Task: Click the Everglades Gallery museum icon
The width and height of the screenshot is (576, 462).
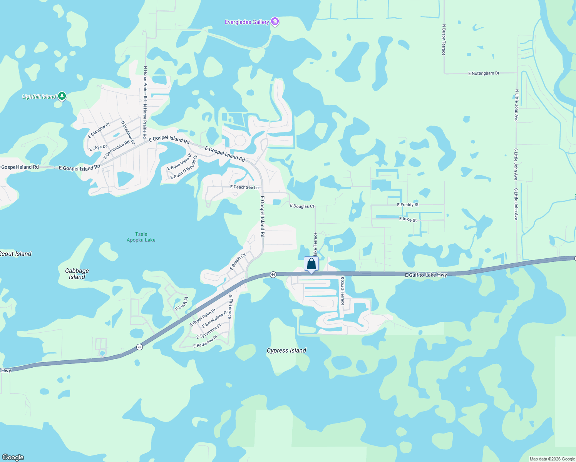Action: (x=275, y=22)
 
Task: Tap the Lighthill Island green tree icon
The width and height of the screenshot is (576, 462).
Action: (x=62, y=96)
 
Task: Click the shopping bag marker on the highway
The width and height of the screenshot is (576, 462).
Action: (x=311, y=264)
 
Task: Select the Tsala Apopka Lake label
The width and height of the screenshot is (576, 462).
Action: (x=141, y=237)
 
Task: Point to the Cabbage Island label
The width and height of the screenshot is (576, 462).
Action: (x=77, y=274)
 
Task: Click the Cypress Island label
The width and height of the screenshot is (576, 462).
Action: (x=286, y=350)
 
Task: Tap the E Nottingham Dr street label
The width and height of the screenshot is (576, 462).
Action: (x=484, y=73)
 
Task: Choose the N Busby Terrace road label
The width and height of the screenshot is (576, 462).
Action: (x=444, y=40)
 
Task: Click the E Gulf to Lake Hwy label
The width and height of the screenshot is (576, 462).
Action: (x=426, y=275)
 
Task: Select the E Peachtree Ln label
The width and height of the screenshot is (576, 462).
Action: (x=244, y=187)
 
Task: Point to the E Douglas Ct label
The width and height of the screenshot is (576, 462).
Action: (x=302, y=206)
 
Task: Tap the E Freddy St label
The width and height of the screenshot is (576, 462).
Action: (x=408, y=205)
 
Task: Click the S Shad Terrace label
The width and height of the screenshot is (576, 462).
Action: (x=342, y=290)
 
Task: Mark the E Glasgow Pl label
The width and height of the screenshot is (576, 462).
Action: (x=99, y=131)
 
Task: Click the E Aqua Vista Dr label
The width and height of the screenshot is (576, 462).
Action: (x=179, y=162)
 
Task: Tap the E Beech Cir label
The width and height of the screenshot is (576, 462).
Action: (x=238, y=261)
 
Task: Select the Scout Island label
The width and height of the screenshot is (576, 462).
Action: (x=15, y=254)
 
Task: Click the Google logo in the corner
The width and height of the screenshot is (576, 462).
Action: (x=13, y=457)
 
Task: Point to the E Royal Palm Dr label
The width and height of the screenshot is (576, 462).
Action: (x=203, y=318)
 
